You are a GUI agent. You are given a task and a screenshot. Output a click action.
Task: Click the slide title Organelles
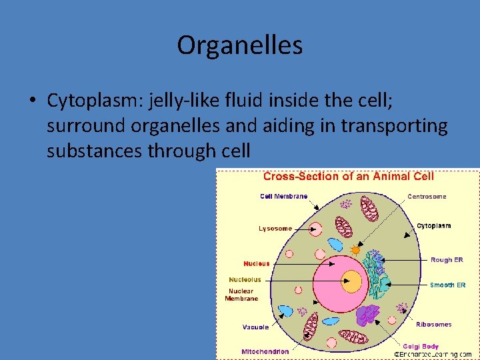click(x=240, y=45)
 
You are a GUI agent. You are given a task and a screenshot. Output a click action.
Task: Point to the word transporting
click(x=394, y=125)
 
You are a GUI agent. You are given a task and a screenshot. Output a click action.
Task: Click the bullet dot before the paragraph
click(x=32, y=101)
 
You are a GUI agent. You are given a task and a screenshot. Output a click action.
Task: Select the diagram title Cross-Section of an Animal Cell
click(x=348, y=177)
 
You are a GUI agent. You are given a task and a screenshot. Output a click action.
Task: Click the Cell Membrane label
click(x=283, y=196)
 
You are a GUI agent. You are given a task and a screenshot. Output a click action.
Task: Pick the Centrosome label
click(x=427, y=197)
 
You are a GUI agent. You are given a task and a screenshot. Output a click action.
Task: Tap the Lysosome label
click(x=275, y=229)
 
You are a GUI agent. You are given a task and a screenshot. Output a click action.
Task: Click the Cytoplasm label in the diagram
click(x=433, y=226)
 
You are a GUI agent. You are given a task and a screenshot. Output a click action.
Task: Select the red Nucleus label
click(x=257, y=263)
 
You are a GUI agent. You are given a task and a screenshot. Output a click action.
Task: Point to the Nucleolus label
click(x=245, y=280)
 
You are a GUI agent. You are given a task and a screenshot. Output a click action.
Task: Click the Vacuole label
click(x=255, y=327)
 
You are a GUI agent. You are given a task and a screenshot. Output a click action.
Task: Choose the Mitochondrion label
click(x=265, y=351)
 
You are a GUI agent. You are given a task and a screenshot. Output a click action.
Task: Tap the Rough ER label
click(x=447, y=260)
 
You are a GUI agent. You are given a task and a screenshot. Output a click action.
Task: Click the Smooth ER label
click(x=447, y=285)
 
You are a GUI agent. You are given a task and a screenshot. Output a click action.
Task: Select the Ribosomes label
click(x=433, y=325)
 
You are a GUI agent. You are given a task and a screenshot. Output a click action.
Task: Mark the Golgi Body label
click(x=421, y=346)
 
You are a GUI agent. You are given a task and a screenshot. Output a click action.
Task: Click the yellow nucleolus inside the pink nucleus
click(x=351, y=281)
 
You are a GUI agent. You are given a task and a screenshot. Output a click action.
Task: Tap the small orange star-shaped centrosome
click(x=355, y=251)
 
